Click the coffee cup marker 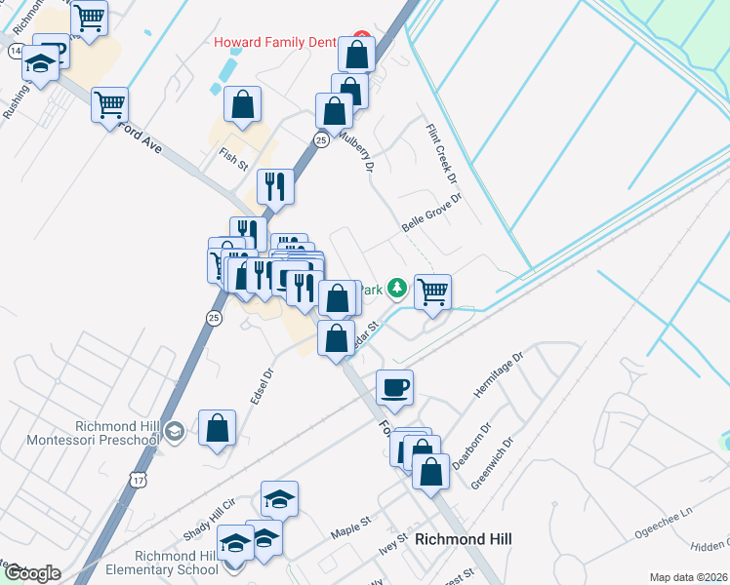[394, 387]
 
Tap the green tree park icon [396, 288]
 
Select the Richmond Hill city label [463, 539]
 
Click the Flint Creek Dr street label [440, 154]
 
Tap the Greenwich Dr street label [491, 462]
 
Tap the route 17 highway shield [138, 480]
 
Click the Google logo [31, 573]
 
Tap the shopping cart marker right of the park [432, 291]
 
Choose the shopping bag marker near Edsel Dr [217, 426]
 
